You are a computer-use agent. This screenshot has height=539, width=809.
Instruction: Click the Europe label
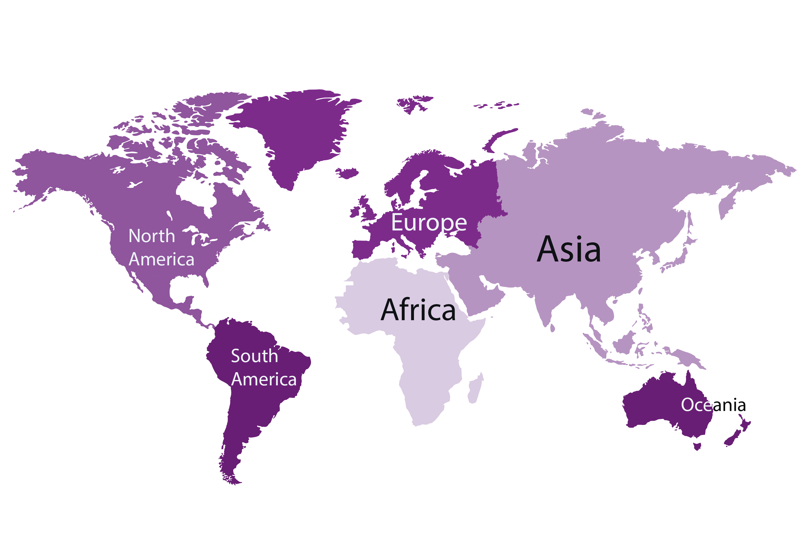coord(429,222)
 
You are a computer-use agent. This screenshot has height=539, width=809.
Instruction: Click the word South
coord(254,356)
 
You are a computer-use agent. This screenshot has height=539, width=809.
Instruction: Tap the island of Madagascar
coord(475,388)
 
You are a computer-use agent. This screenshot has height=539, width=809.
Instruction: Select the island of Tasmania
coord(697,446)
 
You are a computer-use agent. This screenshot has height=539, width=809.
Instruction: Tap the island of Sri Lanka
coord(552,328)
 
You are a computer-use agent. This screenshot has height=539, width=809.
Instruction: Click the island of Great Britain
coord(367,210)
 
